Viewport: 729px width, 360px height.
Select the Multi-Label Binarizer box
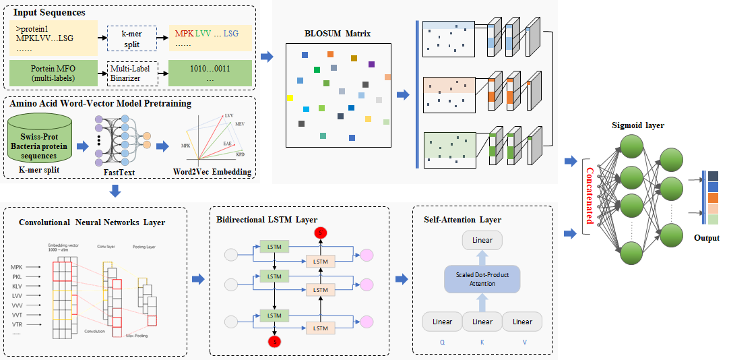[133, 73]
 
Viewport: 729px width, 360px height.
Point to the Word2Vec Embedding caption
[213, 172]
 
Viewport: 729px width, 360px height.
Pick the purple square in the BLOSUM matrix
[371, 65]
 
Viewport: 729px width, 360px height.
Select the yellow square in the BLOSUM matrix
[290, 98]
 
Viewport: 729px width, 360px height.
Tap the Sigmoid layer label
[637, 126]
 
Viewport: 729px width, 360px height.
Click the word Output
[707, 238]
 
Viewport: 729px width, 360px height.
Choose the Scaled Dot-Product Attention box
[482, 278]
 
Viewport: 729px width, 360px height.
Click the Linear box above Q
[442, 322]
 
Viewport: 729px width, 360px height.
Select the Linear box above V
[522, 322]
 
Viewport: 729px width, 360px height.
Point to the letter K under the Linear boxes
[482, 341]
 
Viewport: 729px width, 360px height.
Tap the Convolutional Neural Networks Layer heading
[92, 222]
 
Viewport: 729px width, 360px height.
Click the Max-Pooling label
[136, 335]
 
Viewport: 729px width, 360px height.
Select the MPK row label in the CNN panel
[17, 268]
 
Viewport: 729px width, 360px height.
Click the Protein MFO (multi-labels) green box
[52, 73]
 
